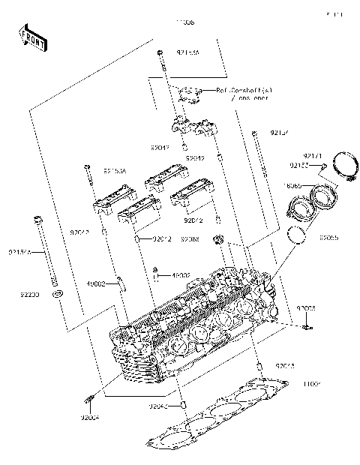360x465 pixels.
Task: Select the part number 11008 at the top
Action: coord(184,23)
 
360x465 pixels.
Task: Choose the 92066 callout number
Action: coord(190,239)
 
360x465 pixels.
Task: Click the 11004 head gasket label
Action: coord(312,383)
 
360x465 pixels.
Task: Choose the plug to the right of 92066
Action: coord(219,240)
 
